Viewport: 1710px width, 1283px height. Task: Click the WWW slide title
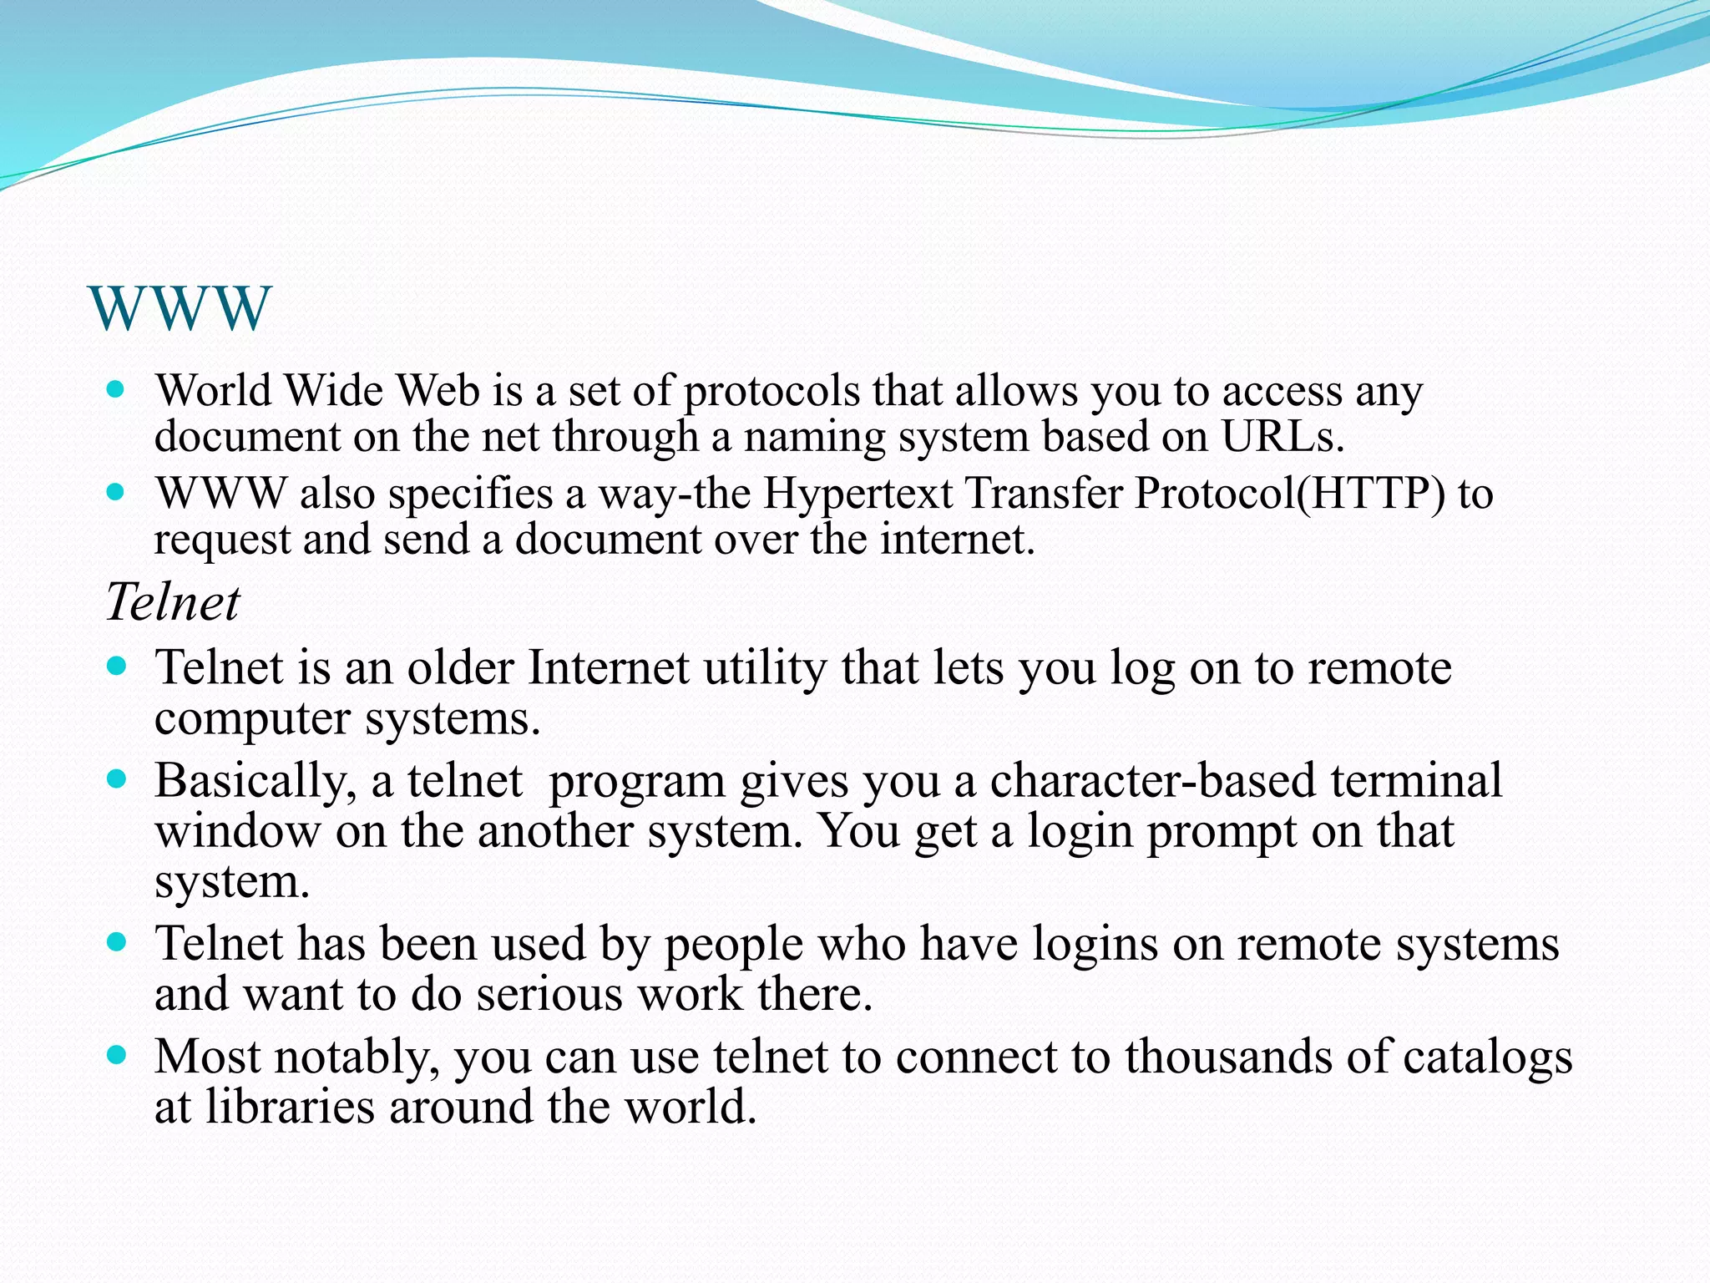[x=180, y=308]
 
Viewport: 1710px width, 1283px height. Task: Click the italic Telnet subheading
[x=173, y=601]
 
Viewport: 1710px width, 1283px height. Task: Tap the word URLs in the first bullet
[x=1282, y=436]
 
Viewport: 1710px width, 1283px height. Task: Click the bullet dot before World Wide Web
[x=116, y=389]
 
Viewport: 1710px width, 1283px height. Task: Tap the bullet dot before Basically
[x=116, y=779]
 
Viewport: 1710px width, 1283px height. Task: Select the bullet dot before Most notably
[x=116, y=1055]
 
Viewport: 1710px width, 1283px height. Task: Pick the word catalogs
[x=1487, y=1057]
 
